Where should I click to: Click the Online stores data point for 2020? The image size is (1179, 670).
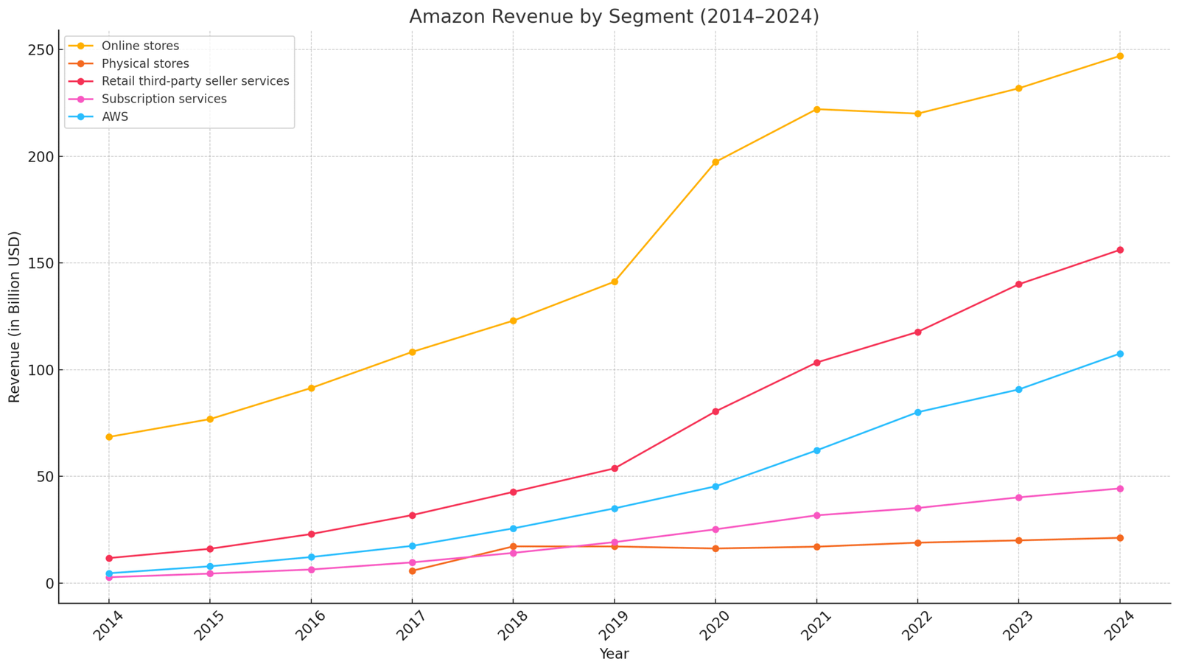pos(716,162)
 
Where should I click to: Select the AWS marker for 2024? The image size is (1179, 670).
pos(1120,354)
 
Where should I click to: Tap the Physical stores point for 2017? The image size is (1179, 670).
pos(412,570)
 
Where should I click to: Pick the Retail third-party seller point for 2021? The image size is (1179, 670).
pos(816,363)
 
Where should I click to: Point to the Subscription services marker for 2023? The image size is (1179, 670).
pos(1019,498)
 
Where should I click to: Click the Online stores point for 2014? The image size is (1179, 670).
pos(109,437)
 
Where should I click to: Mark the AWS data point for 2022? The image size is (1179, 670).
pos(918,412)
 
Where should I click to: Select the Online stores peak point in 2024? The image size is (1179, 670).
pos(1120,56)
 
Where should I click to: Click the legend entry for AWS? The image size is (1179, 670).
pos(114,116)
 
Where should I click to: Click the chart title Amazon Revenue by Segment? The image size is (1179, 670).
pos(614,16)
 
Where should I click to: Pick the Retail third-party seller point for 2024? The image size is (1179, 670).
pos(1120,250)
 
